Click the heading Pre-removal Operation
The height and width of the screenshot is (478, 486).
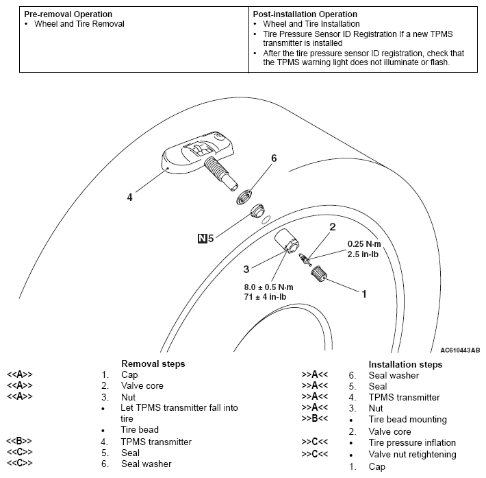tap(68, 14)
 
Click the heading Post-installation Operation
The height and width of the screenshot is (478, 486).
tap(305, 14)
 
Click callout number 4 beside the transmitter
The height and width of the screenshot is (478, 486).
tap(129, 197)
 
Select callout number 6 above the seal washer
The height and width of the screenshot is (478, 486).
tap(273, 158)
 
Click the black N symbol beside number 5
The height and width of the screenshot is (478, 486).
tap(202, 239)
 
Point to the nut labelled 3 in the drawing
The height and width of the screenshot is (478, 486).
tap(285, 242)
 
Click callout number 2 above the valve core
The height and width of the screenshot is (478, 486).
tap(332, 226)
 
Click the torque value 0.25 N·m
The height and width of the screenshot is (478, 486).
tap(364, 243)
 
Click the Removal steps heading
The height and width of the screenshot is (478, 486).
tap(153, 363)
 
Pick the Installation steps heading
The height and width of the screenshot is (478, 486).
tap(405, 364)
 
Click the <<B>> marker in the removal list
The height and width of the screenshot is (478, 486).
tap(20, 442)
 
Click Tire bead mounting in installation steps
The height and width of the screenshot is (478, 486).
tap(407, 419)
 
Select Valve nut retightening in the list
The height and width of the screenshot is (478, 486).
tap(412, 454)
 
